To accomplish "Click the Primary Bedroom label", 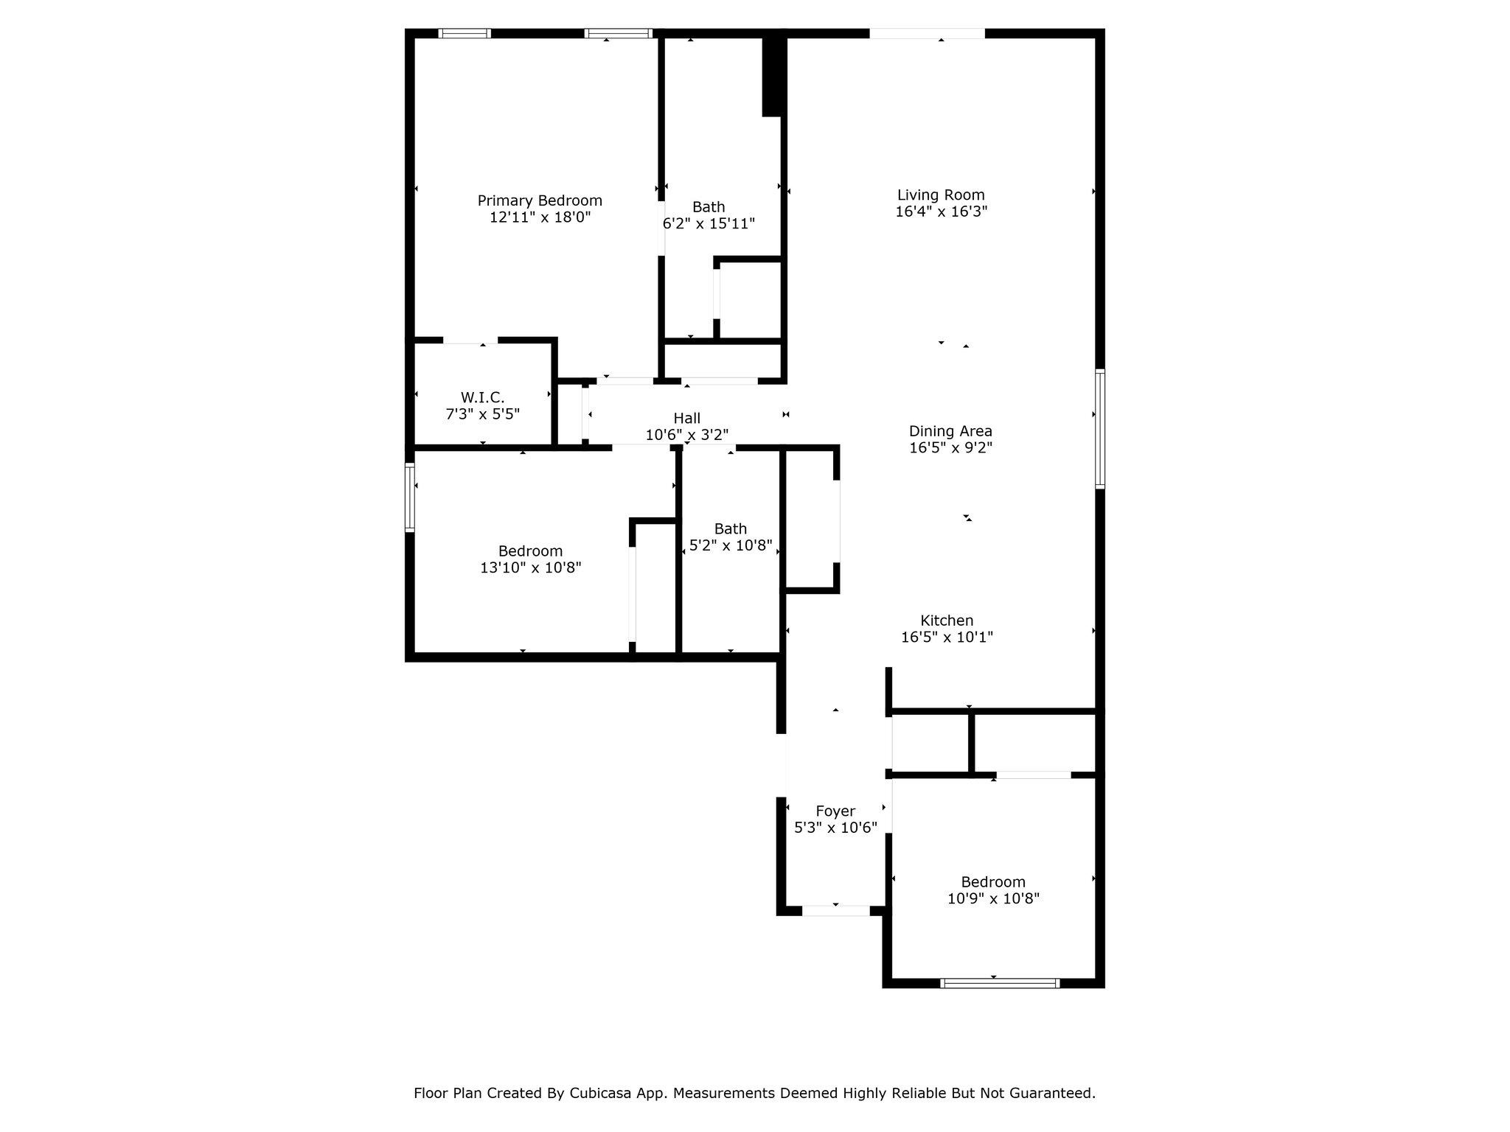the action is pyautogui.click(x=540, y=200).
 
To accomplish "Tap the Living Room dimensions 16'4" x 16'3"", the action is pyautogui.click(x=942, y=212).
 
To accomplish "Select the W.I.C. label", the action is pyautogui.click(x=483, y=398).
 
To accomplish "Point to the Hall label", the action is pyautogui.click(x=687, y=419).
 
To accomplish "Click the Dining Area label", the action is pyautogui.click(x=950, y=431).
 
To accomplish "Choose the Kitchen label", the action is pyautogui.click(x=947, y=621).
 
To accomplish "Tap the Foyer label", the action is pyautogui.click(x=835, y=811).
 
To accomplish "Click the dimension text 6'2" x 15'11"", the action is pyautogui.click(x=709, y=223).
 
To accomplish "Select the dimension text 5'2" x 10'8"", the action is pyautogui.click(x=731, y=545).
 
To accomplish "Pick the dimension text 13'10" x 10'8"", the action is pyautogui.click(x=531, y=567).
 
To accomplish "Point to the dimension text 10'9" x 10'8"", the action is pyautogui.click(x=993, y=898).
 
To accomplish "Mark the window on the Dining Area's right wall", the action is pyautogui.click(x=1100, y=428).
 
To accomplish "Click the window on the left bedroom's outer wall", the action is pyautogui.click(x=410, y=497).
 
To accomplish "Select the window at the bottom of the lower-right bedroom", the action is pyautogui.click(x=1001, y=983).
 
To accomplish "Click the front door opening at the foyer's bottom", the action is pyautogui.click(x=836, y=911).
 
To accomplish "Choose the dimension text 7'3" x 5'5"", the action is pyautogui.click(x=483, y=414).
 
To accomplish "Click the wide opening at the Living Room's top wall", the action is pyautogui.click(x=927, y=33).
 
